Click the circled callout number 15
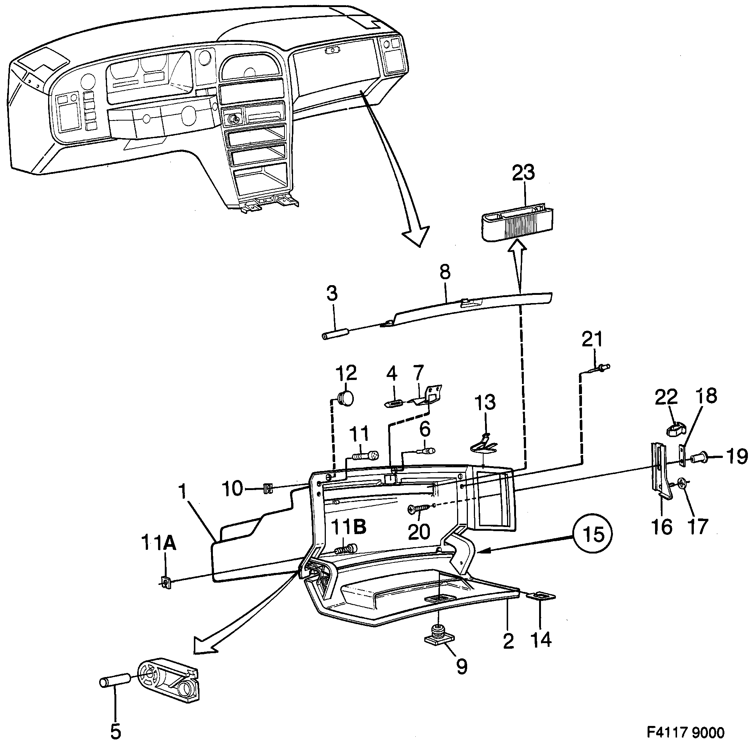pos(593,534)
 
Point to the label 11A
pos(158,543)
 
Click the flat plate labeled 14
pos(541,596)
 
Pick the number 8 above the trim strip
pos(445,272)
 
